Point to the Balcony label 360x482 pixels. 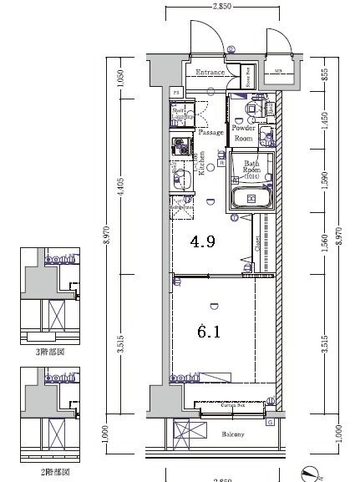click(x=233, y=434)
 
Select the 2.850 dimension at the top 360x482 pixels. click(x=221, y=6)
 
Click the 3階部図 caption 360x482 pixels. click(x=51, y=353)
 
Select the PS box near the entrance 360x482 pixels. click(x=176, y=92)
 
